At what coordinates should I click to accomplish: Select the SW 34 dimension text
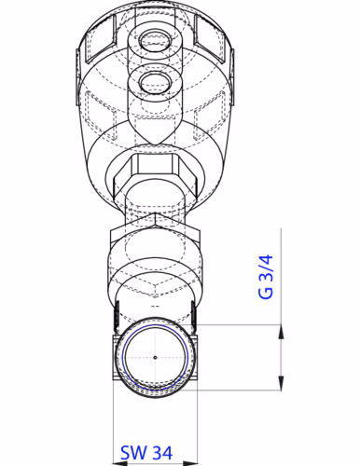click(x=146, y=453)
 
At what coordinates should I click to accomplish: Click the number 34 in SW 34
click(x=161, y=453)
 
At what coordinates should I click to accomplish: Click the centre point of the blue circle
click(x=154, y=356)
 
